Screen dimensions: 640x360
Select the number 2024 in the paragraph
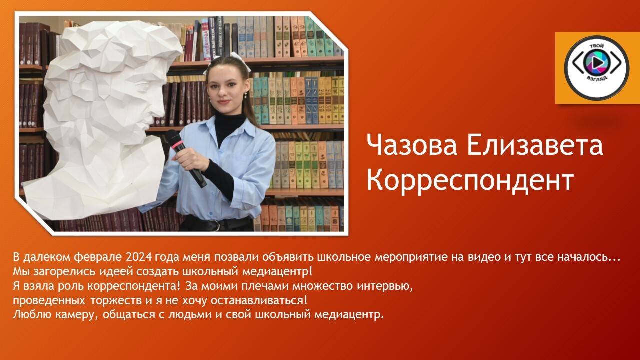pos(138,257)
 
